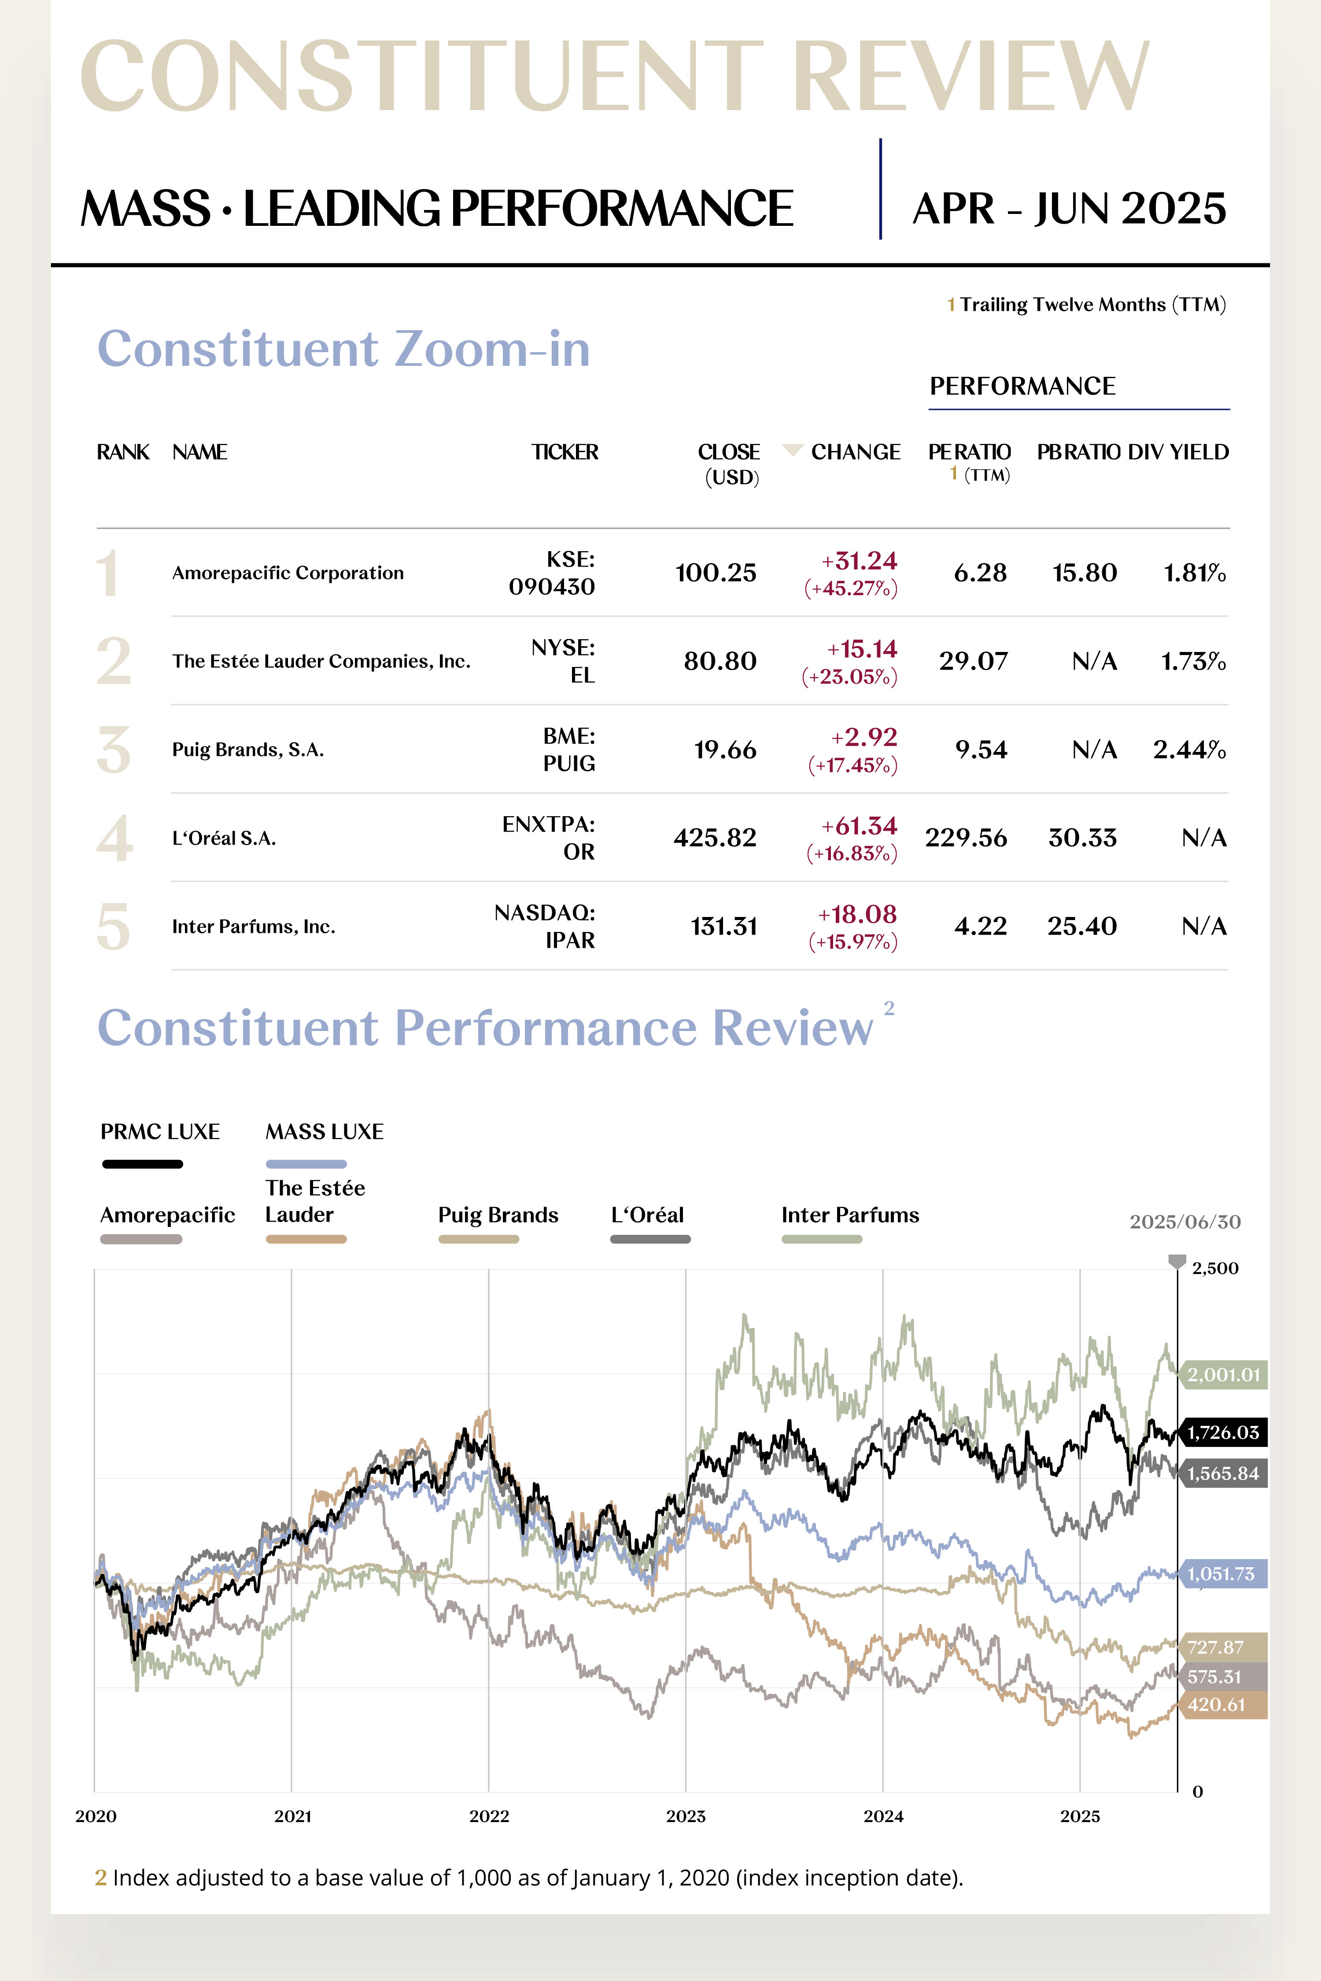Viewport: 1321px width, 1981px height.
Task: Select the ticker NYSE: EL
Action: (563, 661)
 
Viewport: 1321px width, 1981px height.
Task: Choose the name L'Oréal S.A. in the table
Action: (224, 838)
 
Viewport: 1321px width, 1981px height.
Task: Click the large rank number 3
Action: (114, 750)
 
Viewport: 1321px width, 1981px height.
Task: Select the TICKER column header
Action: (565, 452)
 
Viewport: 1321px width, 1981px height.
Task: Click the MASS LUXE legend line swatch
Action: (306, 1164)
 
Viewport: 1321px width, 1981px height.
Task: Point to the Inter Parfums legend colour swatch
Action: (821, 1239)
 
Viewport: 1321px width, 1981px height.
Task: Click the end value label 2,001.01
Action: (1223, 1374)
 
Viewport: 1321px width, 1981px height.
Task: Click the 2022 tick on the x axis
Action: (489, 1816)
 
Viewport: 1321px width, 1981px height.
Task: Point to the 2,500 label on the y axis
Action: (1215, 1268)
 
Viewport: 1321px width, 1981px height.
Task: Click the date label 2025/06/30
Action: (1184, 1222)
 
